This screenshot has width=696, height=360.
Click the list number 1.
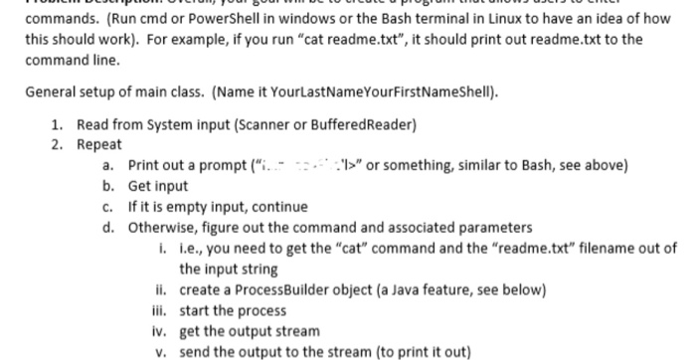point(56,126)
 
